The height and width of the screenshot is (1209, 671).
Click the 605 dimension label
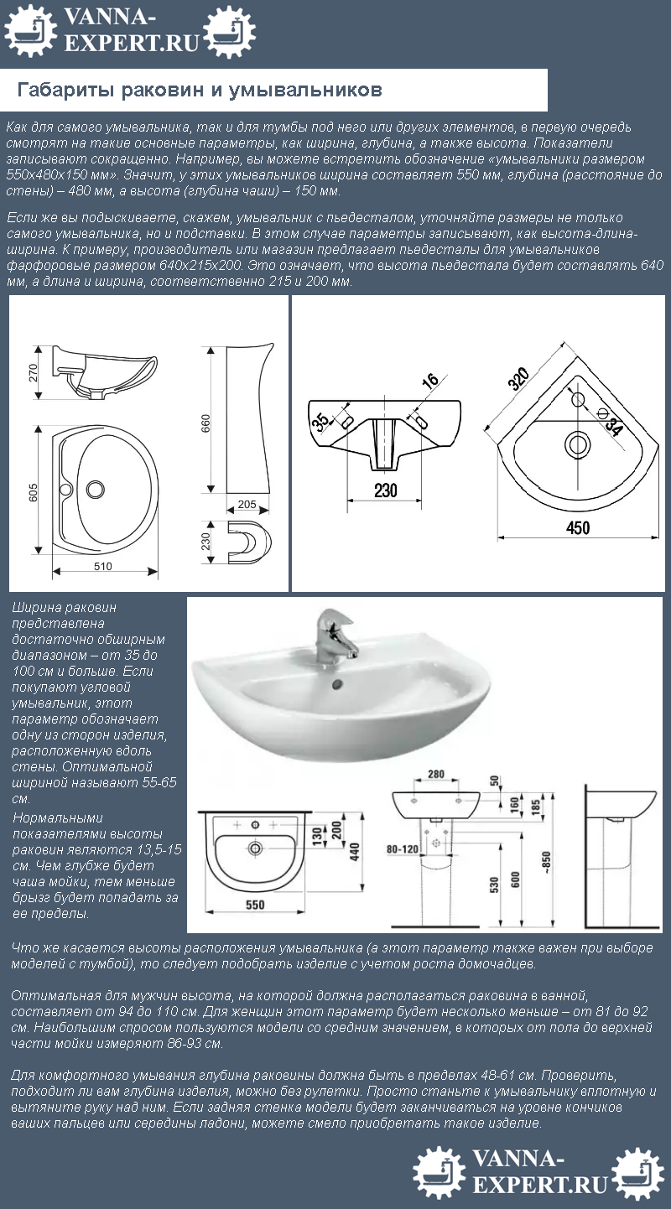(x=33, y=491)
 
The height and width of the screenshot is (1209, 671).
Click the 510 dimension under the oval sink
(x=102, y=566)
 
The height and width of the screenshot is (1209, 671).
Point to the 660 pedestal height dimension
(x=205, y=423)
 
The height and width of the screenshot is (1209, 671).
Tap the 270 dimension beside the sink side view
(x=33, y=372)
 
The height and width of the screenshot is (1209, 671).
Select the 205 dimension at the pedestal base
(x=247, y=504)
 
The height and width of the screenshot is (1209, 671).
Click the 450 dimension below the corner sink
(x=578, y=528)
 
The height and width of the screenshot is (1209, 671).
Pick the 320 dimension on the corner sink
(x=518, y=378)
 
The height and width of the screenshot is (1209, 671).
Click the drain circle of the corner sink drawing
(x=578, y=444)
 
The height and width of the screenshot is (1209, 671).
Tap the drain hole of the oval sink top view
(x=96, y=489)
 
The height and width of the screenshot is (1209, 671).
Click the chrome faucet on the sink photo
(x=335, y=633)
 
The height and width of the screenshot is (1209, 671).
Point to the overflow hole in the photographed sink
(x=338, y=684)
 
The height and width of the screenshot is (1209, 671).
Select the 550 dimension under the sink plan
(x=255, y=905)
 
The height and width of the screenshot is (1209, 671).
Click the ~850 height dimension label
(x=546, y=863)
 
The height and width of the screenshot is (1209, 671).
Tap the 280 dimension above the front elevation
(x=435, y=774)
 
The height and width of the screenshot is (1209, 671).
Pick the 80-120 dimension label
(x=402, y=849)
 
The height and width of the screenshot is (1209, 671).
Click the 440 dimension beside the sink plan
(x=355, y=852)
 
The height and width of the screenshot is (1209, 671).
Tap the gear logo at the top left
(x=30, y=31)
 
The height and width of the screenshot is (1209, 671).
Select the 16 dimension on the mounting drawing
(x=430, y=381)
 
